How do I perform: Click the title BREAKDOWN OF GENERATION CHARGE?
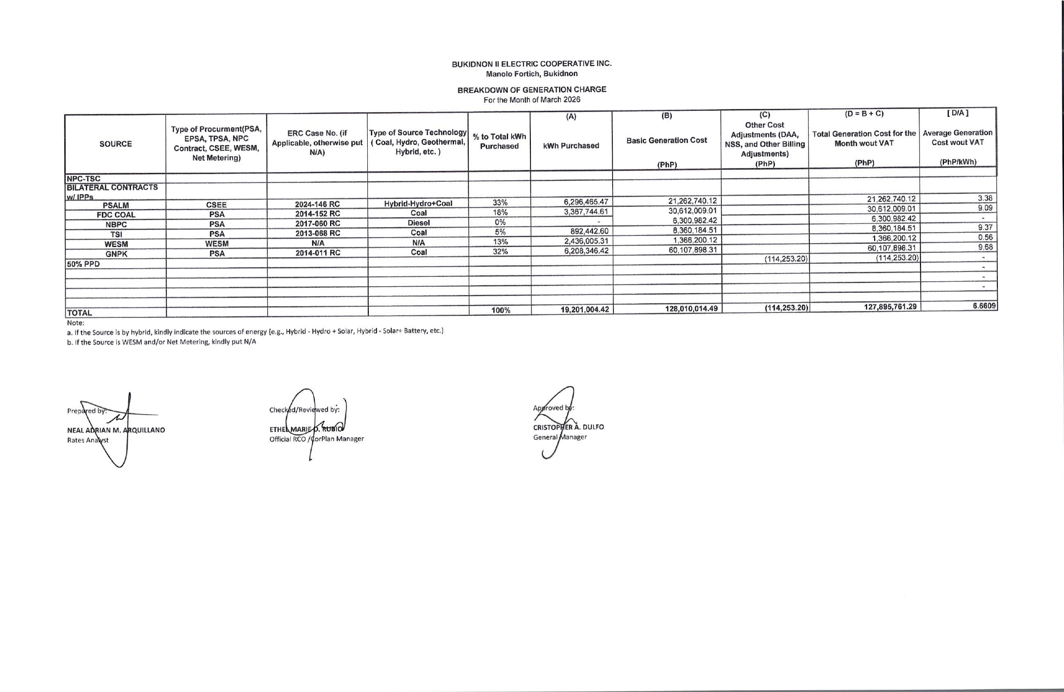point(531,90)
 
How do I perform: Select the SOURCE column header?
point(116,144)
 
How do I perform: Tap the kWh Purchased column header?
point(571,146)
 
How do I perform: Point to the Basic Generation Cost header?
point(667,140)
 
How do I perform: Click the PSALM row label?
point(116,205)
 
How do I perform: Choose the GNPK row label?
point(116,254)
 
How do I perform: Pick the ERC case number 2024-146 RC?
point(317,205)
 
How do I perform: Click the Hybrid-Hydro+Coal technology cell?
point(418,204)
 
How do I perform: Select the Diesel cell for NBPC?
point(419,223)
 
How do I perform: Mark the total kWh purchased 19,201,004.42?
point(584,310)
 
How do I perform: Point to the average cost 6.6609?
point(985,306)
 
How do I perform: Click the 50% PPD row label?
point(83,264)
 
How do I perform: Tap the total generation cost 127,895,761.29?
point(890,307)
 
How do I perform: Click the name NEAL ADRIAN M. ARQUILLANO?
point(116,430)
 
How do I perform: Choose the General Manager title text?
point(560,437)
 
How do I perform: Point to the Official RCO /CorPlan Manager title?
point(316,439)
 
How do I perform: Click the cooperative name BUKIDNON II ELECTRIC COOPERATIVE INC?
point(531,64)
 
